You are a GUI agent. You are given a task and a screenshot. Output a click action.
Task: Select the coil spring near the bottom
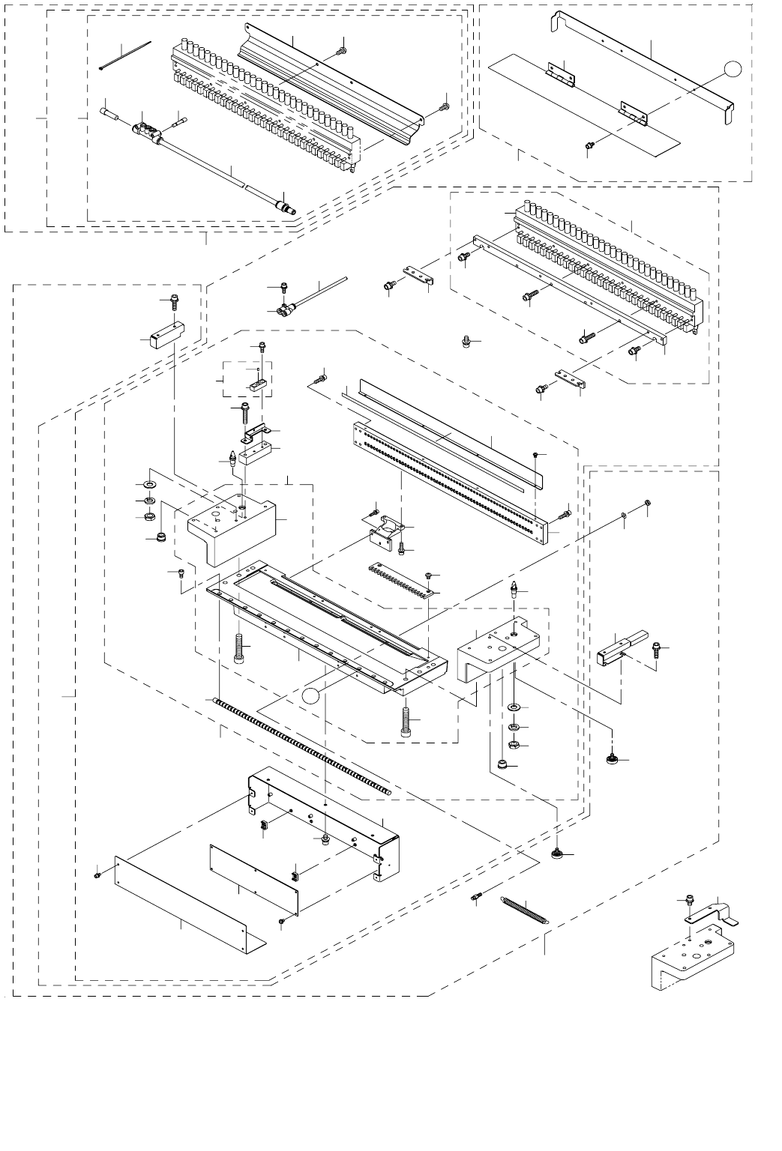(x=525, y=913)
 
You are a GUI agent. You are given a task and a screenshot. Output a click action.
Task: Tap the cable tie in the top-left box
(x=125, y=55)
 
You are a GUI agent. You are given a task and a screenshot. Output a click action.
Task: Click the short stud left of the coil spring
(x=478, y=898)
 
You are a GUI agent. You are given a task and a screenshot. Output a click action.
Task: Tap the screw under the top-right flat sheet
(x=589, y=145)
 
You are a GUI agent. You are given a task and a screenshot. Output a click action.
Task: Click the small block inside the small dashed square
(x=255, y=387)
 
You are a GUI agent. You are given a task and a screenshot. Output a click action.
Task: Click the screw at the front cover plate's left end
(x=98, y=874)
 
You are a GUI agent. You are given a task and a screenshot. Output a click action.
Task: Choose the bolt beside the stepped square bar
(x=657, y=648)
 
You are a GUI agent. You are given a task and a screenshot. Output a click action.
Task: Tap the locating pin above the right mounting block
(x=514, y=588)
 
